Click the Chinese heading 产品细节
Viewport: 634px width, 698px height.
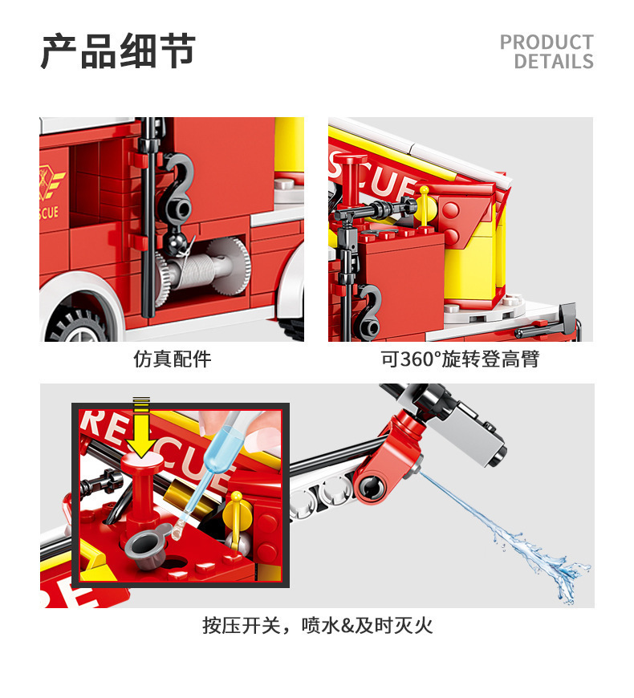(118, 51)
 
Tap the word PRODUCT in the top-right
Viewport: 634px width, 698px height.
(547, 43)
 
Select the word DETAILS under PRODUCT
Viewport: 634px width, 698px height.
(554, 61)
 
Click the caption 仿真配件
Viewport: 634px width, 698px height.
(173, 359)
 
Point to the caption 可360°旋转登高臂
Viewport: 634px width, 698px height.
(460, 359)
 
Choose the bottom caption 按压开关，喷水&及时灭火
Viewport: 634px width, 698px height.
(318, 626)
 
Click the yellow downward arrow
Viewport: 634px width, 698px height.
(141, 428)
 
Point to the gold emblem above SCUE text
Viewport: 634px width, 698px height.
(51, 182)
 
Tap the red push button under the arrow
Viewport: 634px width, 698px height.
(141, 489)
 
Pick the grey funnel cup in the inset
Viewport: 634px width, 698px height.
(148, 546)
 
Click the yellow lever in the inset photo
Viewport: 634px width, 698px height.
(237, 517)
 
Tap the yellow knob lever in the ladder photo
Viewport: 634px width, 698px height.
(425, 205)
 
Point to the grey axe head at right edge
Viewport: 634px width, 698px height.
(568, 318)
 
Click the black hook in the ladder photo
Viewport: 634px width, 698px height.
(368, 310)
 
